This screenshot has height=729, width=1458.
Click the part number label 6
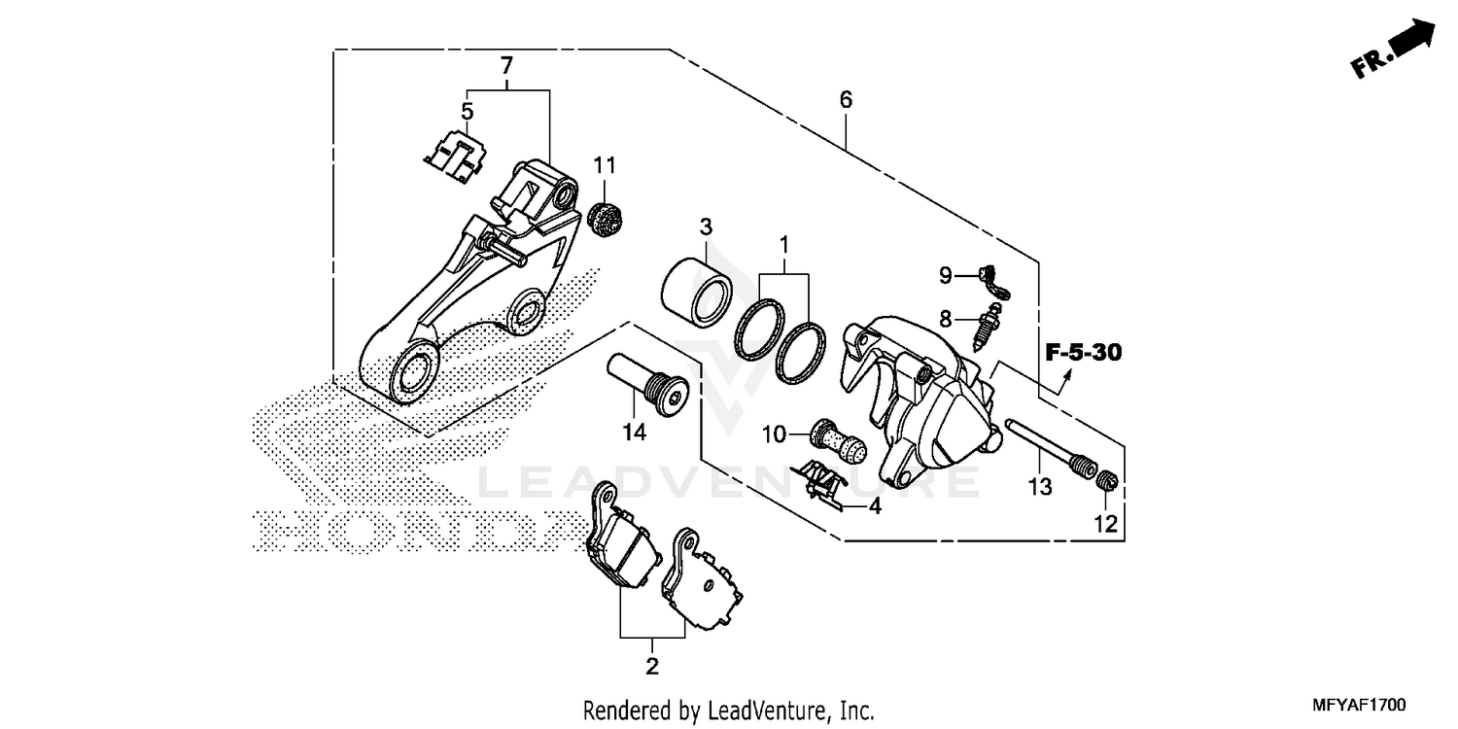[845, 99]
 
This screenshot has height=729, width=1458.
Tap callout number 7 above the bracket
[505, 66]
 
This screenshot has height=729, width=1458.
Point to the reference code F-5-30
[1083, 353]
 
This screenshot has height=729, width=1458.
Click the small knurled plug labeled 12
[1107, 480]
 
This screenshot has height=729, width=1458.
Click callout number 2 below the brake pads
[651, 667]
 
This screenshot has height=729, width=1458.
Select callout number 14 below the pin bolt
[635, 433]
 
